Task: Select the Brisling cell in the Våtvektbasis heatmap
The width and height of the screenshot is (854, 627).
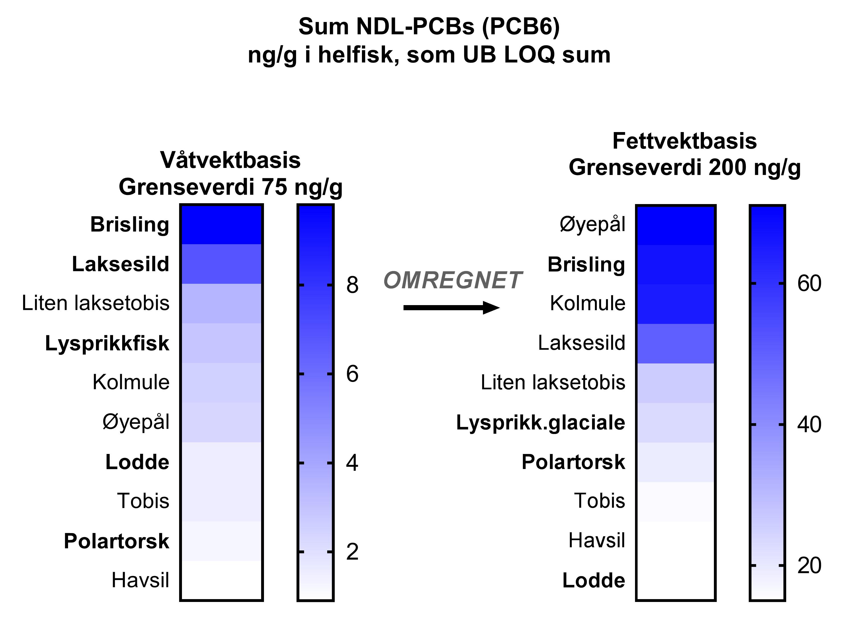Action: (x=221, y=225)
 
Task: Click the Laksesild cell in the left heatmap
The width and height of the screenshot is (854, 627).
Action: (x=221, y=264)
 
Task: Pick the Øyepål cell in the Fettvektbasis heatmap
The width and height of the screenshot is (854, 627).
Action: (x=675, y=225)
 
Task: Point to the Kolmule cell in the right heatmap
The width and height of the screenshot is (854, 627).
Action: (x=675, y=304)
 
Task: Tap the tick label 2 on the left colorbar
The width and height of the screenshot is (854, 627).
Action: (x=352, y=552)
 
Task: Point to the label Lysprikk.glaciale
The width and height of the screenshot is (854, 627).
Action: (x=540, y=422)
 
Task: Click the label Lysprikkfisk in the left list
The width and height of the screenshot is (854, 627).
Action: (x=107, y=344)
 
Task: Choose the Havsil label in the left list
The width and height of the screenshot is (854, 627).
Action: (x=140, y=580)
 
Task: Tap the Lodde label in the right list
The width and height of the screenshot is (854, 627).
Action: (x=593, y=580)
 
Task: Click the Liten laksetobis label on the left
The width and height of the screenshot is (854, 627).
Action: (x=96, y=303)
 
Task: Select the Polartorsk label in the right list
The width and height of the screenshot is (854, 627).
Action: (x=573, y=462)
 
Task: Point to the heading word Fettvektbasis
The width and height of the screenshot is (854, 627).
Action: (x=684, y=141)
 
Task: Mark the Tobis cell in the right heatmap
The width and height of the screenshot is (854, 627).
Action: (x=675, y=502)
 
